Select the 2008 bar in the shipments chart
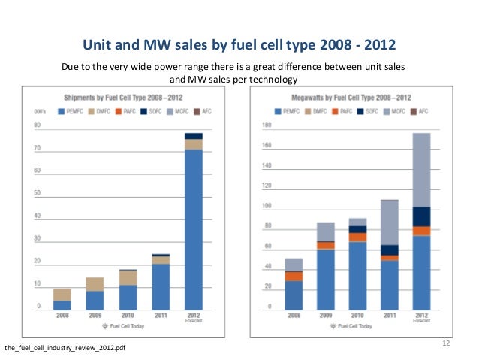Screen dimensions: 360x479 [62, 299]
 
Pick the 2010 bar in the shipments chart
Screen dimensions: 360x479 [128, 289]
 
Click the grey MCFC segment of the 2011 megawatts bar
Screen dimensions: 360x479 [389, 222]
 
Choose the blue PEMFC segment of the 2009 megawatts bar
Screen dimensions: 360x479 [325, 279]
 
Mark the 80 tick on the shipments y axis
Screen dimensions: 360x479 [36, 125]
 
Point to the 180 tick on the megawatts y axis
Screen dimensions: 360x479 [266, 125]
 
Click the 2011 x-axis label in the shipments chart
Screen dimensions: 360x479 [161, 316]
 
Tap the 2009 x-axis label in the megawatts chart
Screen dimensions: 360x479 [325, 316]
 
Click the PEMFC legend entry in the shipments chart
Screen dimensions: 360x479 [71, 111]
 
